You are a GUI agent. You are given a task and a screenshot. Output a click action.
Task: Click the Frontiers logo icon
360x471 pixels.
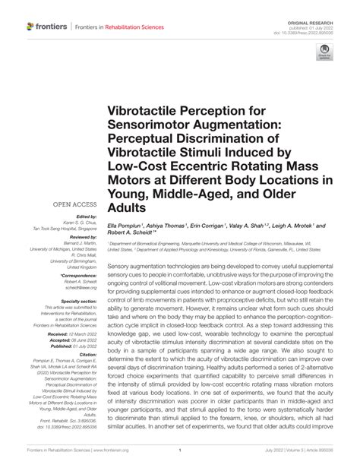[30, 27]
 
